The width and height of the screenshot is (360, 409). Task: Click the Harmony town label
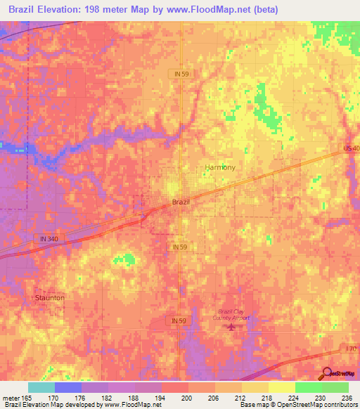point(219,167)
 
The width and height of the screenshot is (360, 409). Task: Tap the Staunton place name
point(49,298)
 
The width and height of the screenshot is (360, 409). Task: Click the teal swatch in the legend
point(41,387)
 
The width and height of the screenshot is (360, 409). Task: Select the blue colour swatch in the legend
point(67,387)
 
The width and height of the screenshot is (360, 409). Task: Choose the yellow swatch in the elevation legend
point(281,387)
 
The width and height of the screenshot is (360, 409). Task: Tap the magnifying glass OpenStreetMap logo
point(326,373)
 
